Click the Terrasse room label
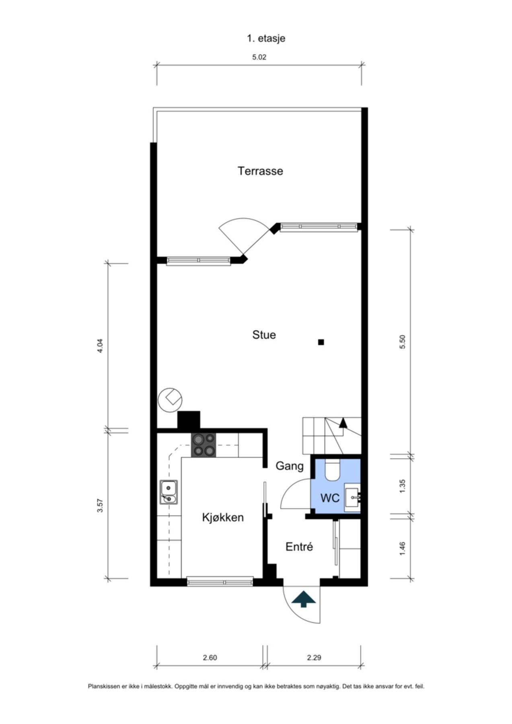(x=260, y=171)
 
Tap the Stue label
(x=264, y=335)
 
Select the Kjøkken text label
(x=223, y=517)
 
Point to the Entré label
(x=299, y=547)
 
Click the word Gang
(x=290, y=466)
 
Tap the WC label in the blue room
(x=330, y=498)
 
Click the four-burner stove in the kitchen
(x=204, y=445)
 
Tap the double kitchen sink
(x=169, y=492)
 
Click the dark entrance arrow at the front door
(x=304, y=599)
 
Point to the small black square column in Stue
(x=321, y=342)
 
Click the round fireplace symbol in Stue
(x=170, y=399)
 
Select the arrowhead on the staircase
(x=343, y=422)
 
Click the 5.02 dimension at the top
(x=259, y=57)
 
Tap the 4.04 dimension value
(x=100, y=346)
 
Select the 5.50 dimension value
(x=403, y=342)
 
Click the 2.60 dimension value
(x=210, y=658)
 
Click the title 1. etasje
(x=266, y=38)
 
